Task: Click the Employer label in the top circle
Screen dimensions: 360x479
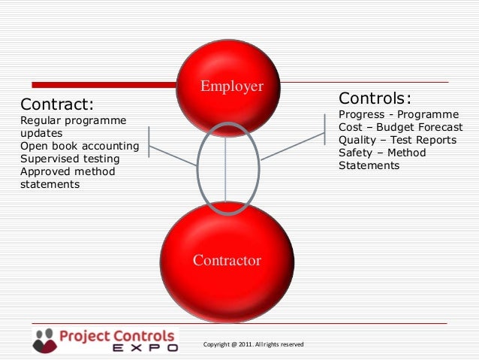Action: point(231,86)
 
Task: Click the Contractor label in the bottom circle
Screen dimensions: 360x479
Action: point(227,261)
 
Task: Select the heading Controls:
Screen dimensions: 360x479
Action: point(375,98)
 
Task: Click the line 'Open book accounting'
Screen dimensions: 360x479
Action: point(80,146)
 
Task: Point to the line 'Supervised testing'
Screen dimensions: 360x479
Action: point(70,159)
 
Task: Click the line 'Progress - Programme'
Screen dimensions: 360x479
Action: point(399,114)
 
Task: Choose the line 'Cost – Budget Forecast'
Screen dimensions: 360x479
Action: point(401,127)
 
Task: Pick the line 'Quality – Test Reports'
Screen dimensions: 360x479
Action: point(397,140)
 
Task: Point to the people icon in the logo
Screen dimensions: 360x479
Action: point(44,339)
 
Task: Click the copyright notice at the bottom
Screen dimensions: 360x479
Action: point(253,344)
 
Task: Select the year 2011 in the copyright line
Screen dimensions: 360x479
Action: point(242,344)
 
